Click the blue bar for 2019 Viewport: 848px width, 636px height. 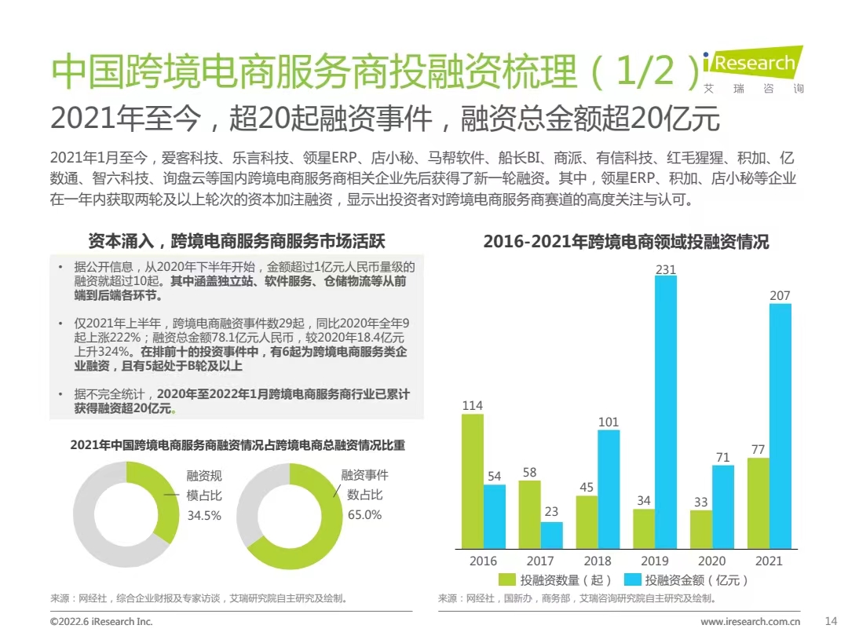tap(665, 411)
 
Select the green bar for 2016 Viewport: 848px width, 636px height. tap(472, 481)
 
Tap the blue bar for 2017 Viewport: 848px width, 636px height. tap(551, 535)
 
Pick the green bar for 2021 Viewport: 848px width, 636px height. tap(758, 503)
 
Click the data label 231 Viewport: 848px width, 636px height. tap(665, 269)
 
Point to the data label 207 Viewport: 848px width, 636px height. tap(780, 296)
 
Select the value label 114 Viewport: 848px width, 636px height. tap(472, 406)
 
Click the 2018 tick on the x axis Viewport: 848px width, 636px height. tap(598, 561)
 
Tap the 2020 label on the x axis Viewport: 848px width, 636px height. tap(712, 561)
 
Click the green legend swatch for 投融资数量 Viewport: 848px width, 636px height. tap(508, 580)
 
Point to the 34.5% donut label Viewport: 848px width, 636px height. tap(203, 516)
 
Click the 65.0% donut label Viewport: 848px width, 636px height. tap(364, 515)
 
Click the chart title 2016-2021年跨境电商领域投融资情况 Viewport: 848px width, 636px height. tap(626, 242)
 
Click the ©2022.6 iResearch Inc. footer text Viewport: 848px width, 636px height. tap(101, 621)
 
